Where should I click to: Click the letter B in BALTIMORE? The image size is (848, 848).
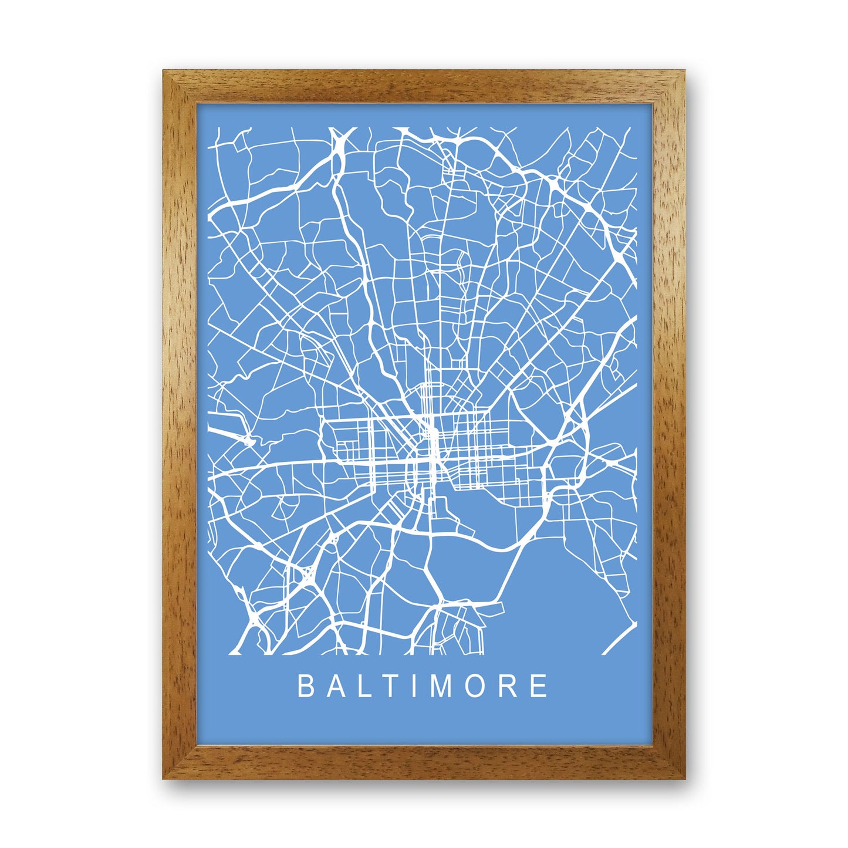[x=305, y=686]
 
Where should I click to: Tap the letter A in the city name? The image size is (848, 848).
[x=335, y=686]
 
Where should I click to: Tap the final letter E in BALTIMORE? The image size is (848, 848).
[x=538, y=686]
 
